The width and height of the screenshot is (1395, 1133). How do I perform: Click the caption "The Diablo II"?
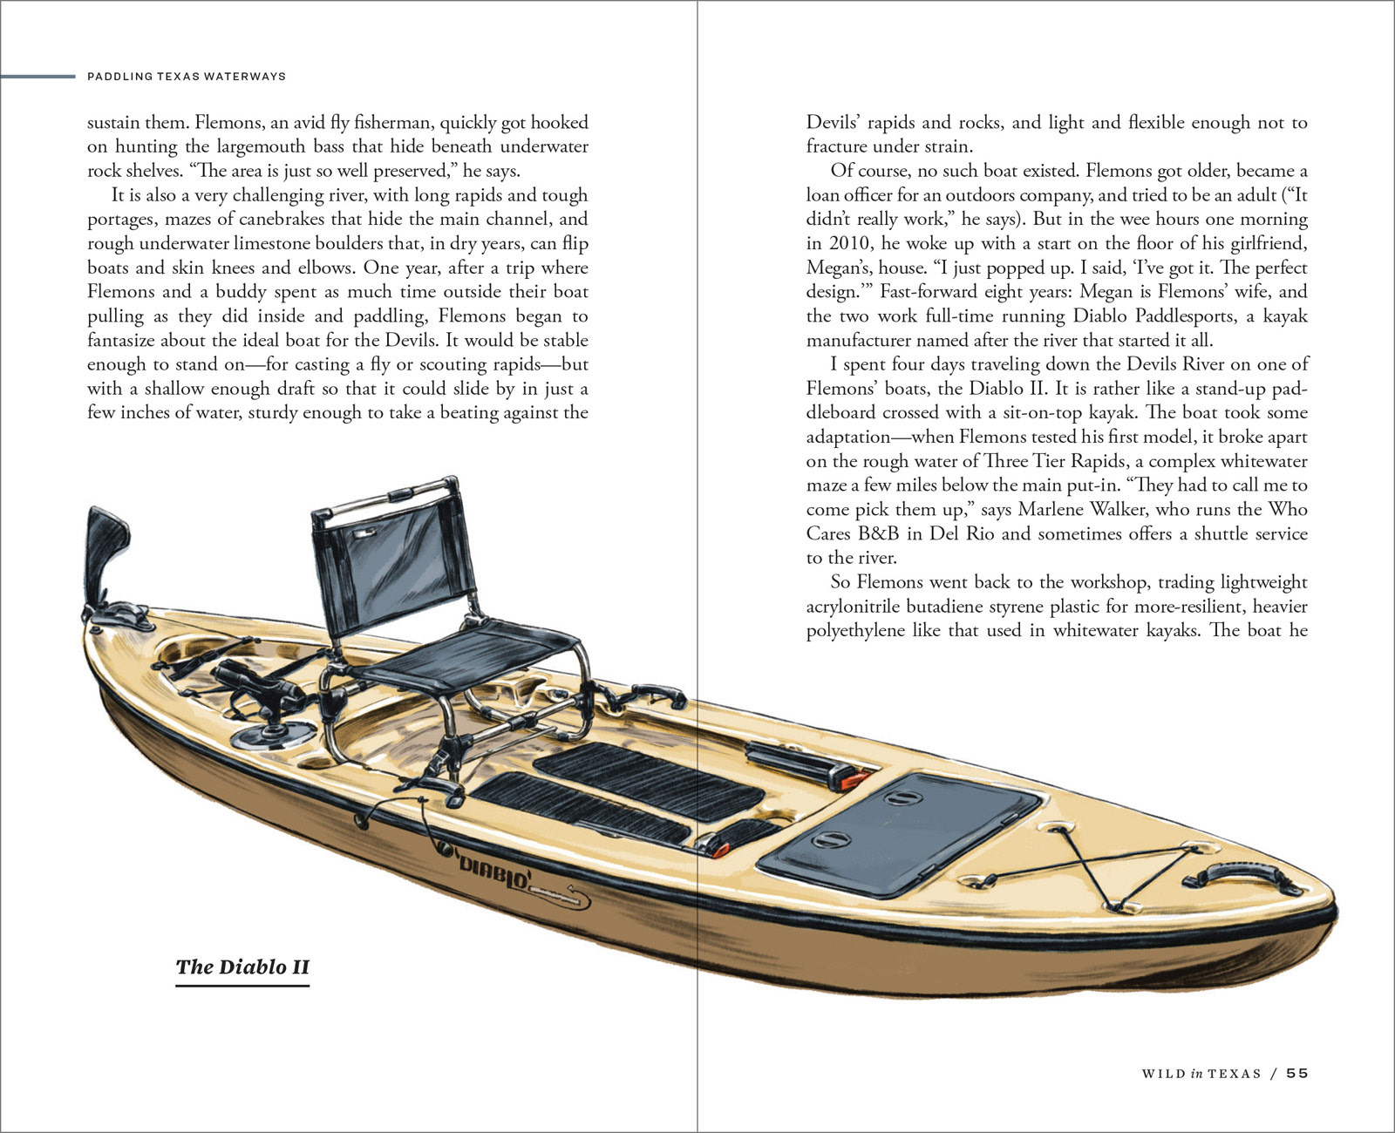tap(242, 967)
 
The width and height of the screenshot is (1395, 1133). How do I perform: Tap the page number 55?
tap(1297, 1073)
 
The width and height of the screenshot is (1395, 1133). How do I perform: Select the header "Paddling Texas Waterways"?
tap(187, 77)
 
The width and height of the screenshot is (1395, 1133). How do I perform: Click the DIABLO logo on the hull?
tap(494, 872)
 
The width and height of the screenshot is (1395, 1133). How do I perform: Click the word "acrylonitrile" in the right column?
tap(857, 607)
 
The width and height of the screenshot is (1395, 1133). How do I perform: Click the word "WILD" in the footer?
tap(1163, 1074)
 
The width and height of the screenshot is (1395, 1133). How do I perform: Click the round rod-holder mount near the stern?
tap(273, 735)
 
